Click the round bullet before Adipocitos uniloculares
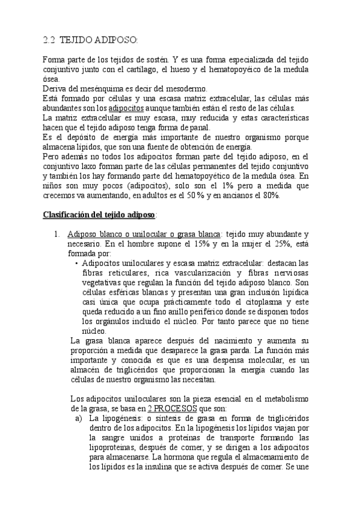[x=76, y=263]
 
